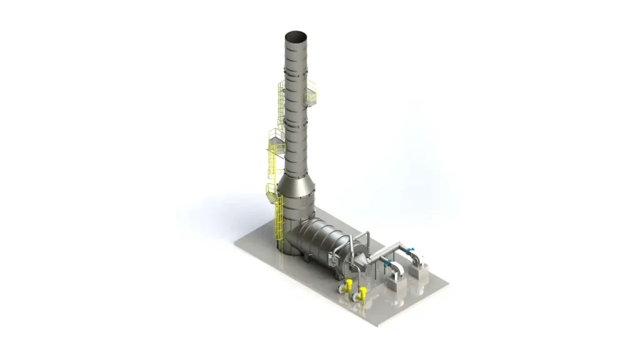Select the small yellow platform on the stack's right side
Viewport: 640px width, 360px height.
pos(311,95)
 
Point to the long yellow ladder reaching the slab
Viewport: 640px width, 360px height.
pos(279,225)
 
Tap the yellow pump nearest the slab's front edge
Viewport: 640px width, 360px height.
pos(361,294)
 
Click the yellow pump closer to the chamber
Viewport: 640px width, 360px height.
pos(346,287)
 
